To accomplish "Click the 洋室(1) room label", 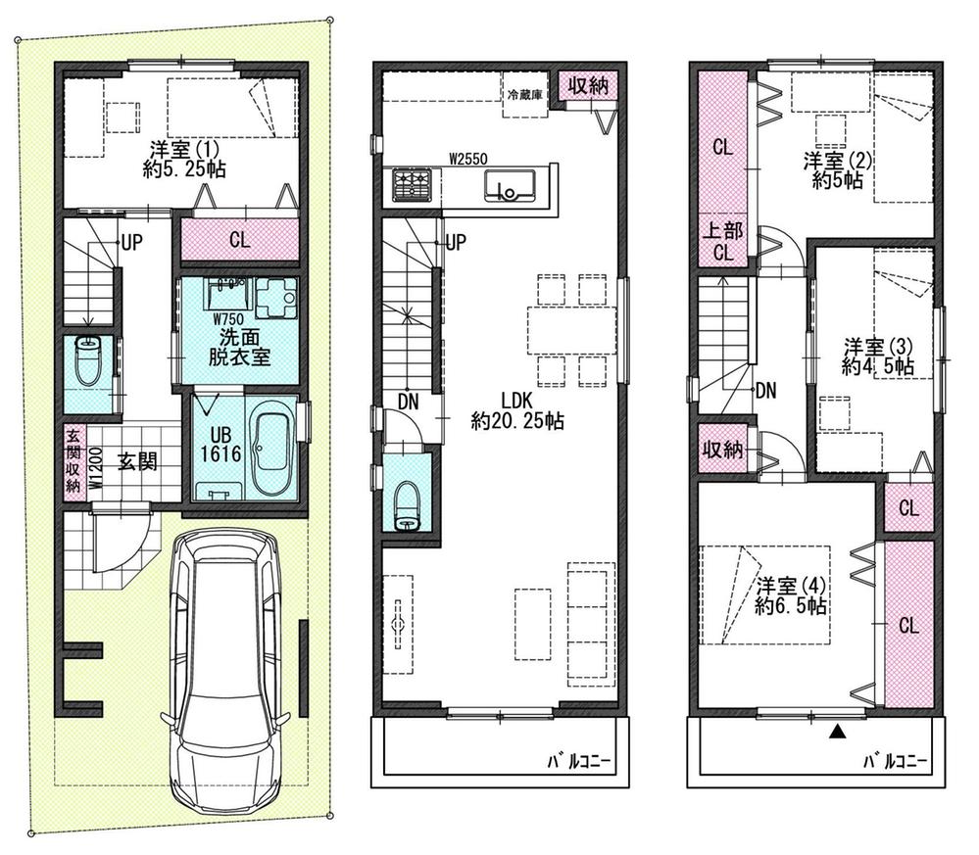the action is [x=184, y=159].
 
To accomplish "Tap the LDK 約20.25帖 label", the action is [x=517, y=410].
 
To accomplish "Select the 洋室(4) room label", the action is [x=791, y=595].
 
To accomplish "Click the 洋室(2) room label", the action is [x=837, y=169].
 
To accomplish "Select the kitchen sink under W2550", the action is [x=509, y=185].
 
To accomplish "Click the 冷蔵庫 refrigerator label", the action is [x=524, y=95].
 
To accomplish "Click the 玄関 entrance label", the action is [x=137, y=462].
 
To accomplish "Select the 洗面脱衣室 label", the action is [x=239, y=347].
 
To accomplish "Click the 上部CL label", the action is [x=723, y=242].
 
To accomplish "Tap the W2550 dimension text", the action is [x=468, y=159].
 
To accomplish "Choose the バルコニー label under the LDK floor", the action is [x=579, y=761].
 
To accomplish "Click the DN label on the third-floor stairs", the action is [x=766, y=391].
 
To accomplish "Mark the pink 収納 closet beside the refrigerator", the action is [x=588, y=85].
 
